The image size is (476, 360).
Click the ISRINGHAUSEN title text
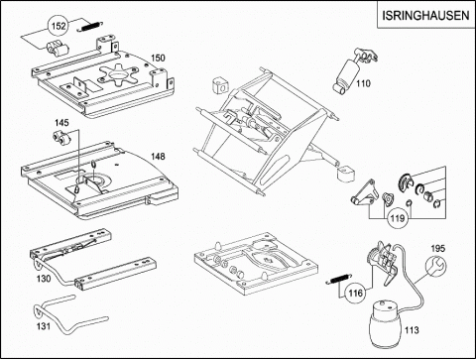coord(425,15)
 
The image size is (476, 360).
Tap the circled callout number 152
coord(59,26)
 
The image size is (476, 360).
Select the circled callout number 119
coord(398,218)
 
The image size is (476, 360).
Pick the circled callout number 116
coord(356,293)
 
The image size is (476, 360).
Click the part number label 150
coord(158,58)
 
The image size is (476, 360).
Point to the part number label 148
coord(158,156)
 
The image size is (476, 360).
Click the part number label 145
coord(61,123)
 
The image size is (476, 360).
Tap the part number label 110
coord(363,83)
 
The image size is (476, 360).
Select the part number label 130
coord(44,279)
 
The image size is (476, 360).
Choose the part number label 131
coord(44,326)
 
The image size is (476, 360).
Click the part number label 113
coord(412,330)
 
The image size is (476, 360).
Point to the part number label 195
coord(438,248)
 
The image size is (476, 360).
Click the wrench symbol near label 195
coord(436,265)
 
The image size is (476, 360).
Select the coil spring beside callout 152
coord(90,27)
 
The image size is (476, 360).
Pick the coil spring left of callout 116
coord(339,279)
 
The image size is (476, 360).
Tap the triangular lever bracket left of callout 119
coord(365,193)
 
